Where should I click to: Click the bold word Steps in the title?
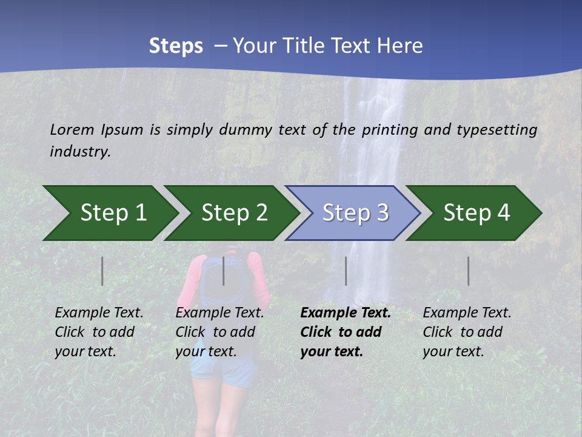(x=176, y=46)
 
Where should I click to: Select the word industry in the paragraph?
(x=80, y=152)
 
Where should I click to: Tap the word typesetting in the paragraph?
(x=496, y=130)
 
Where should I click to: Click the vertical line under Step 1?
(x=102, y=271)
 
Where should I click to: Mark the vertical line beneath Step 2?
(x=224, y=271)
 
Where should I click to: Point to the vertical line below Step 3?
(x=346, y=271)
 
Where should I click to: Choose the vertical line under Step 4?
(x=468, y=271)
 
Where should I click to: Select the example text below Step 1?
(x=99, y=331)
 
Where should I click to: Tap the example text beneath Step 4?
(x=467, y=331)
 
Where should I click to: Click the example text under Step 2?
(x=219, y=331)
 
